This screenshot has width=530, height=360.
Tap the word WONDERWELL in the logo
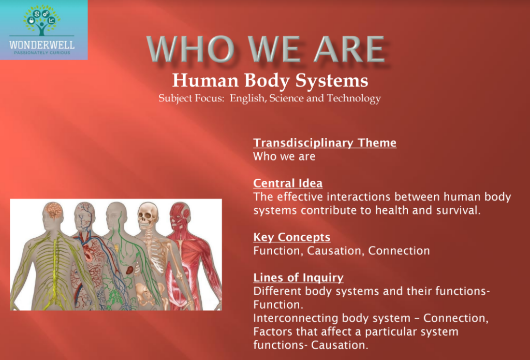coord(42,45)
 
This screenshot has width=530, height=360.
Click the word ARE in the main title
coord(343,50)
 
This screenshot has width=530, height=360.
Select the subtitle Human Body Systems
coord(270,80)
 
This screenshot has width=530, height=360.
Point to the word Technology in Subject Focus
coord(354,98)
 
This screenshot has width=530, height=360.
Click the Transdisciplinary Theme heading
coord(325,143)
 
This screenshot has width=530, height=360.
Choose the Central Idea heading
coord(288,183)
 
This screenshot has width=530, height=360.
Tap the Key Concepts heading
coord(291,237)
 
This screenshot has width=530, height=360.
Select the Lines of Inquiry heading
coord(298,278)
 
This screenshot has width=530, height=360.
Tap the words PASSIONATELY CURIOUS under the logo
coord(42,53)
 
